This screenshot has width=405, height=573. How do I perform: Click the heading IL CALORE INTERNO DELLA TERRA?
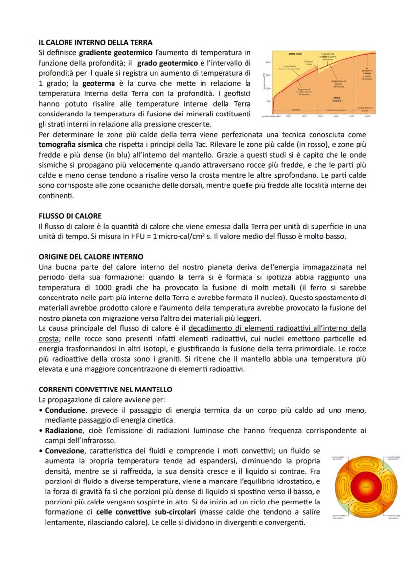point(95,43)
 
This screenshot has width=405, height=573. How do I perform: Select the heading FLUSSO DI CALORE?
point(70,216)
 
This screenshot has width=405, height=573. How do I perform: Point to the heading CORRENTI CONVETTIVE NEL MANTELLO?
point(105,390)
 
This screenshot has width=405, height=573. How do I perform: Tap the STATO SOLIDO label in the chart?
point(339,99)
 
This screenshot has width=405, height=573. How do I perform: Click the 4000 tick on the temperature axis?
point(268,62)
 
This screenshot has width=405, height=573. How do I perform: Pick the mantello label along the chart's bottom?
point(295,110)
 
